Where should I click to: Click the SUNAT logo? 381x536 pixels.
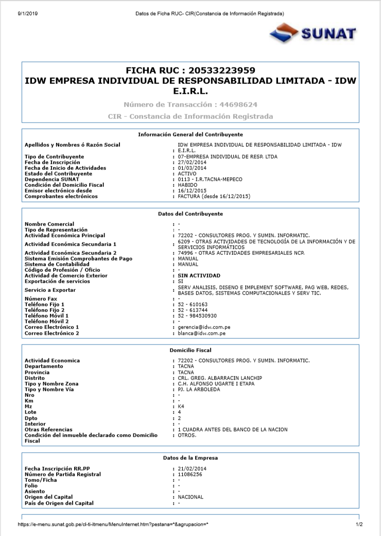313,33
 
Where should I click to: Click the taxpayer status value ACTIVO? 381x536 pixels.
187,174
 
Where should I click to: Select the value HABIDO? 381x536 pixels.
187,185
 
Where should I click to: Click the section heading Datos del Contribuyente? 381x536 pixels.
190,213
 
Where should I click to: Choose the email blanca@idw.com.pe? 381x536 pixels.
201,333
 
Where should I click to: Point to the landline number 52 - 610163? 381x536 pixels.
193,304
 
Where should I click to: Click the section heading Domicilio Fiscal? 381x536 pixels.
190,350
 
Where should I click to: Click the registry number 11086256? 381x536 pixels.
190,474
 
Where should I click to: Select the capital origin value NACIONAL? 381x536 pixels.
190,497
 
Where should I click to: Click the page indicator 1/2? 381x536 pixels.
359,525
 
